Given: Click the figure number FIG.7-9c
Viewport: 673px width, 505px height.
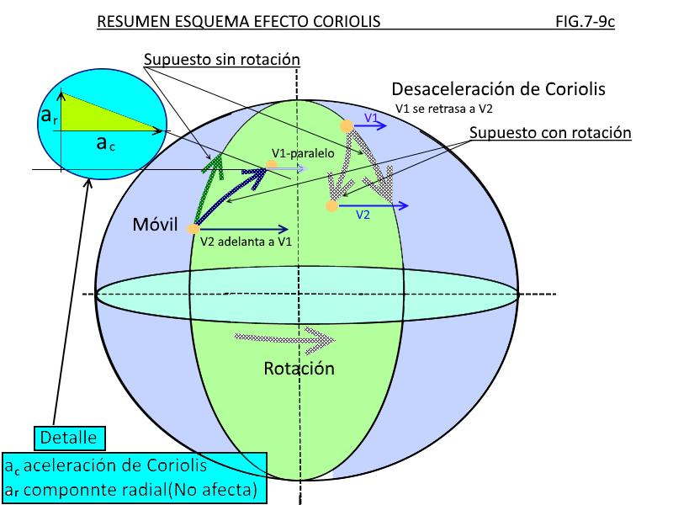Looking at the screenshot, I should point(585,21).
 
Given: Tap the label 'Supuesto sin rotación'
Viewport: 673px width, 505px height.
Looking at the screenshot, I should point(222,61).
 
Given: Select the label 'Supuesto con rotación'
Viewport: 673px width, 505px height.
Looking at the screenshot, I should point(550,133).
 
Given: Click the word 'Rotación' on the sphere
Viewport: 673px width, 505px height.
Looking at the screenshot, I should point(299,369).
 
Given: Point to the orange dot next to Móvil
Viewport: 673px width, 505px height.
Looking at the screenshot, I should point(193,228).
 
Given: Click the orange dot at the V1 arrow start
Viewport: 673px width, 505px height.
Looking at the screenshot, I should point(346,125).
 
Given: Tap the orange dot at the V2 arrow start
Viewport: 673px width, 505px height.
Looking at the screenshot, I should point(332,205).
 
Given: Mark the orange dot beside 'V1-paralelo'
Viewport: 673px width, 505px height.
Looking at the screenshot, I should point(271,166).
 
